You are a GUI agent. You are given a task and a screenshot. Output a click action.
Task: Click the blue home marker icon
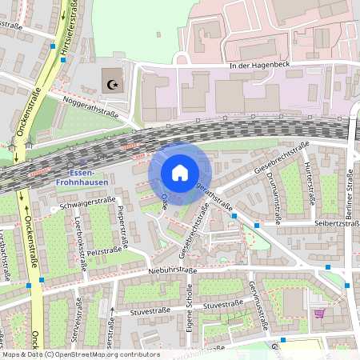coord(180,173)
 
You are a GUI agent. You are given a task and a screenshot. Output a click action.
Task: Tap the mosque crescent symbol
coord(111,82)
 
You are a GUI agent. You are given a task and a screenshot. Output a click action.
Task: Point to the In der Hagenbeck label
coord(258,65)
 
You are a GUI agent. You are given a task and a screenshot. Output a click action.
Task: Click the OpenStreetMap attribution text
coord(80,354)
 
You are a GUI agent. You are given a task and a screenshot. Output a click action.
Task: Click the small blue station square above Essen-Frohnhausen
coord(81,162)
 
